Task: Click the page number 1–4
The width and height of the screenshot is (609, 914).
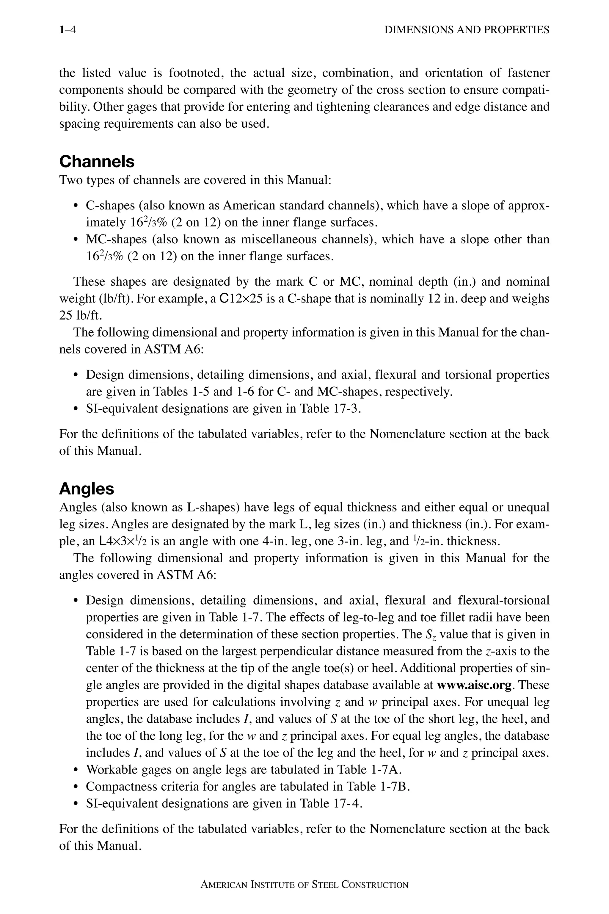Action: tap(67, 30)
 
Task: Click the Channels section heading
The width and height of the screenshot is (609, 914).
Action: tap(97, 161)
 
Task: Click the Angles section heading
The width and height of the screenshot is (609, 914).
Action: tap(86, 489)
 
